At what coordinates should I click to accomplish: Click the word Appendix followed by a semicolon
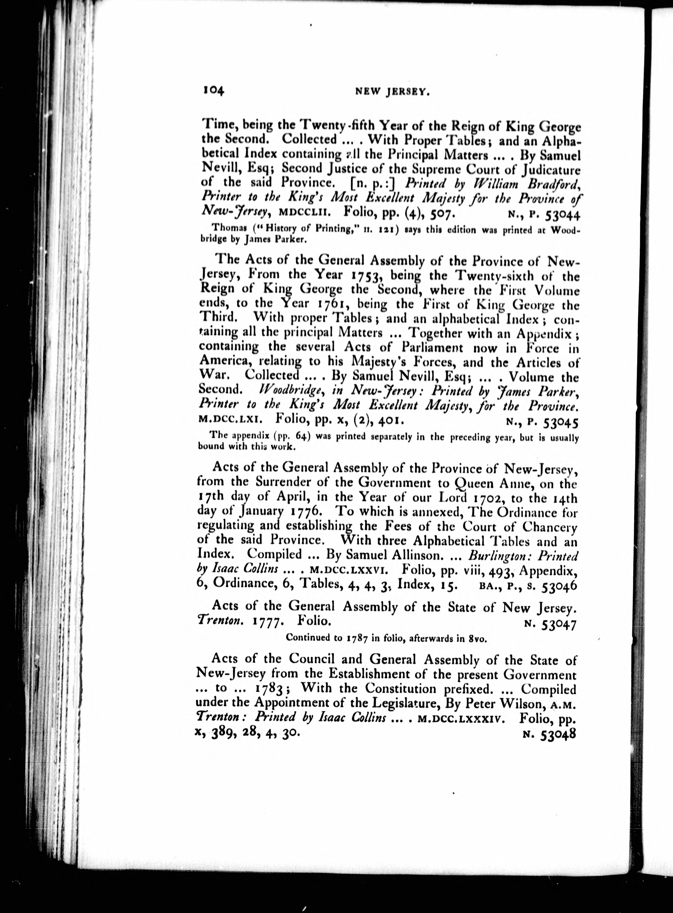click(545, 334)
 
